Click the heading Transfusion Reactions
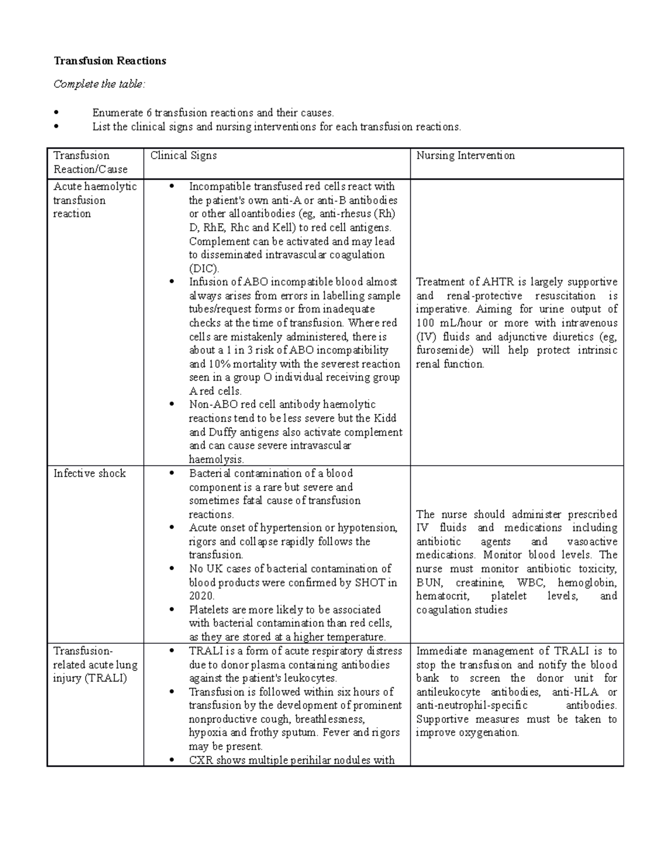[x=109, y=61]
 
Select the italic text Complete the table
[x=99, y=84]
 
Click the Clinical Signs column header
[x=183, y=155]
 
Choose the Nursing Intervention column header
[x=465, y=155]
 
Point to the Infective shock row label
[x=90, y=473]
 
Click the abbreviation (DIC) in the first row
[x=204, y=269]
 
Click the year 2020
[x=201, y=596]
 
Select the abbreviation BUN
[x=428, y=582]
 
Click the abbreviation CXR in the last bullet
[x=201, y=760]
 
